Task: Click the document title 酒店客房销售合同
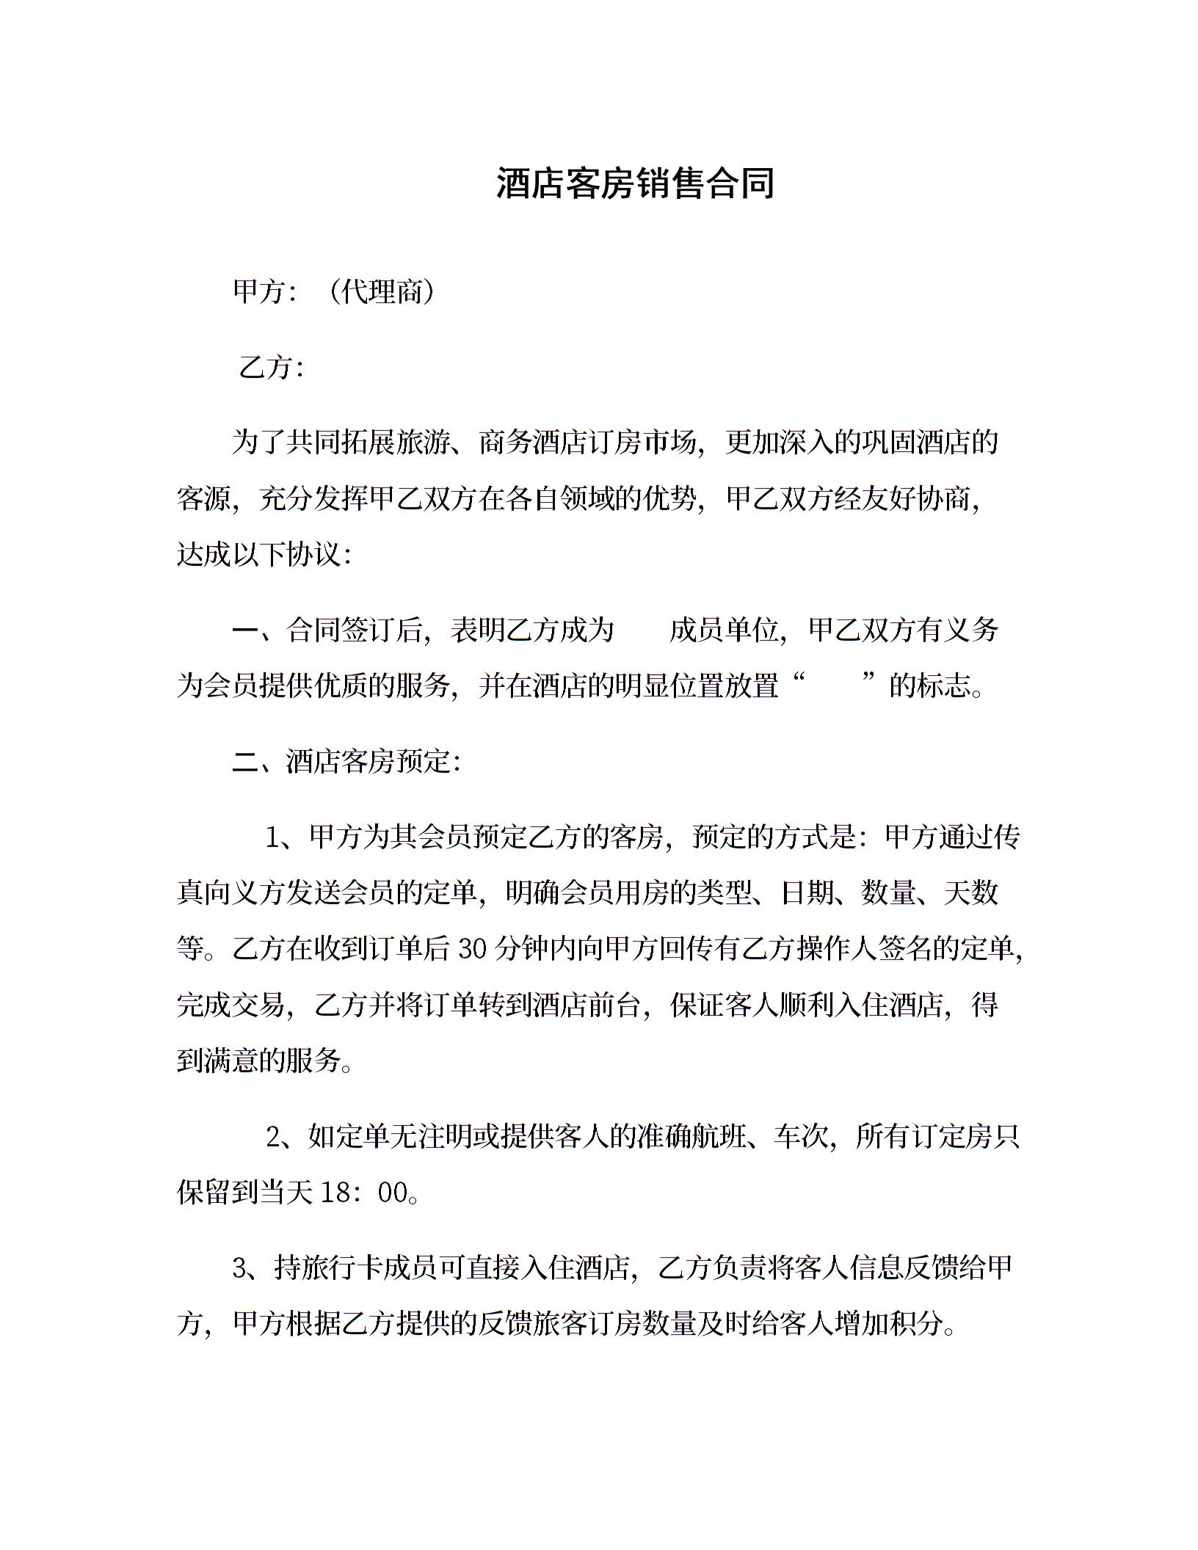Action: pos(635,183)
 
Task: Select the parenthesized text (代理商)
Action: pos(382,292)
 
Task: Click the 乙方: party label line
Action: pos(271,367)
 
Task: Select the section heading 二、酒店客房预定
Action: pos(346,763)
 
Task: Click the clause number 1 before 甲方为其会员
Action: pos(273,837)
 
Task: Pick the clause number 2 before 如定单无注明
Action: pos(273,1137)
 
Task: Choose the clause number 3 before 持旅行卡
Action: pos(239,1268)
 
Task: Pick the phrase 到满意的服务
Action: pos(259,1060)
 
